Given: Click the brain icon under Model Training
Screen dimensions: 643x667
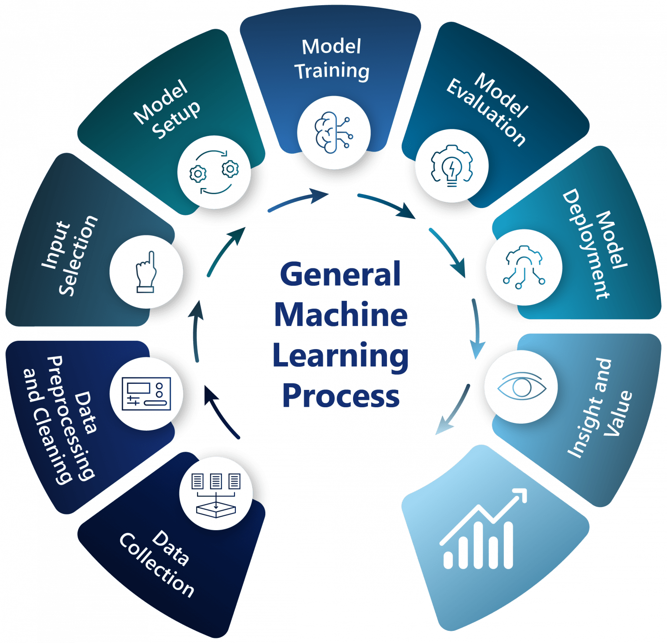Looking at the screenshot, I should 333,133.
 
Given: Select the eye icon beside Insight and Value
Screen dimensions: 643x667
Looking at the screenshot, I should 521,387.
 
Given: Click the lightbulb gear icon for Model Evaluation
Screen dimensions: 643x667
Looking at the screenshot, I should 452,165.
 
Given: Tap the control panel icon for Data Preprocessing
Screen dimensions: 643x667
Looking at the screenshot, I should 146,394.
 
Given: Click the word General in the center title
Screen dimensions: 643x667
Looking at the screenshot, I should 340,274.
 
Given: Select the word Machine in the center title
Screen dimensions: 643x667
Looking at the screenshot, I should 341,315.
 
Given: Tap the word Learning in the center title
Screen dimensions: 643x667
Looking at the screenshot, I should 341,356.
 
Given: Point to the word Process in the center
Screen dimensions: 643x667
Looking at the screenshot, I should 341,396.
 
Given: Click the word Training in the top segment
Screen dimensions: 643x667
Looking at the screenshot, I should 333,71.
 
